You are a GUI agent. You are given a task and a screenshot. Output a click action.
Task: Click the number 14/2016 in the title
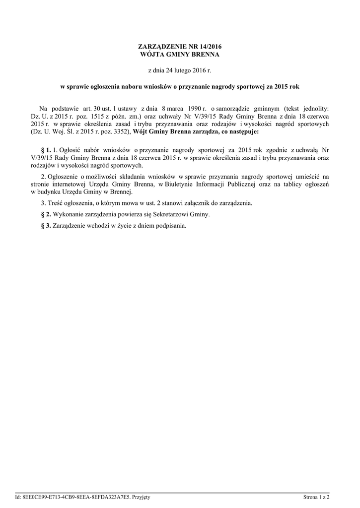(208, 46)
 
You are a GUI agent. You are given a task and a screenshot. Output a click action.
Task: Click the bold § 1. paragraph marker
(45, 149)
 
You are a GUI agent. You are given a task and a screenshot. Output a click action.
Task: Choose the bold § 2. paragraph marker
(45, 214)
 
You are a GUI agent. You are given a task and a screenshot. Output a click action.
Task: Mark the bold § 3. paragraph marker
(45, 225)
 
